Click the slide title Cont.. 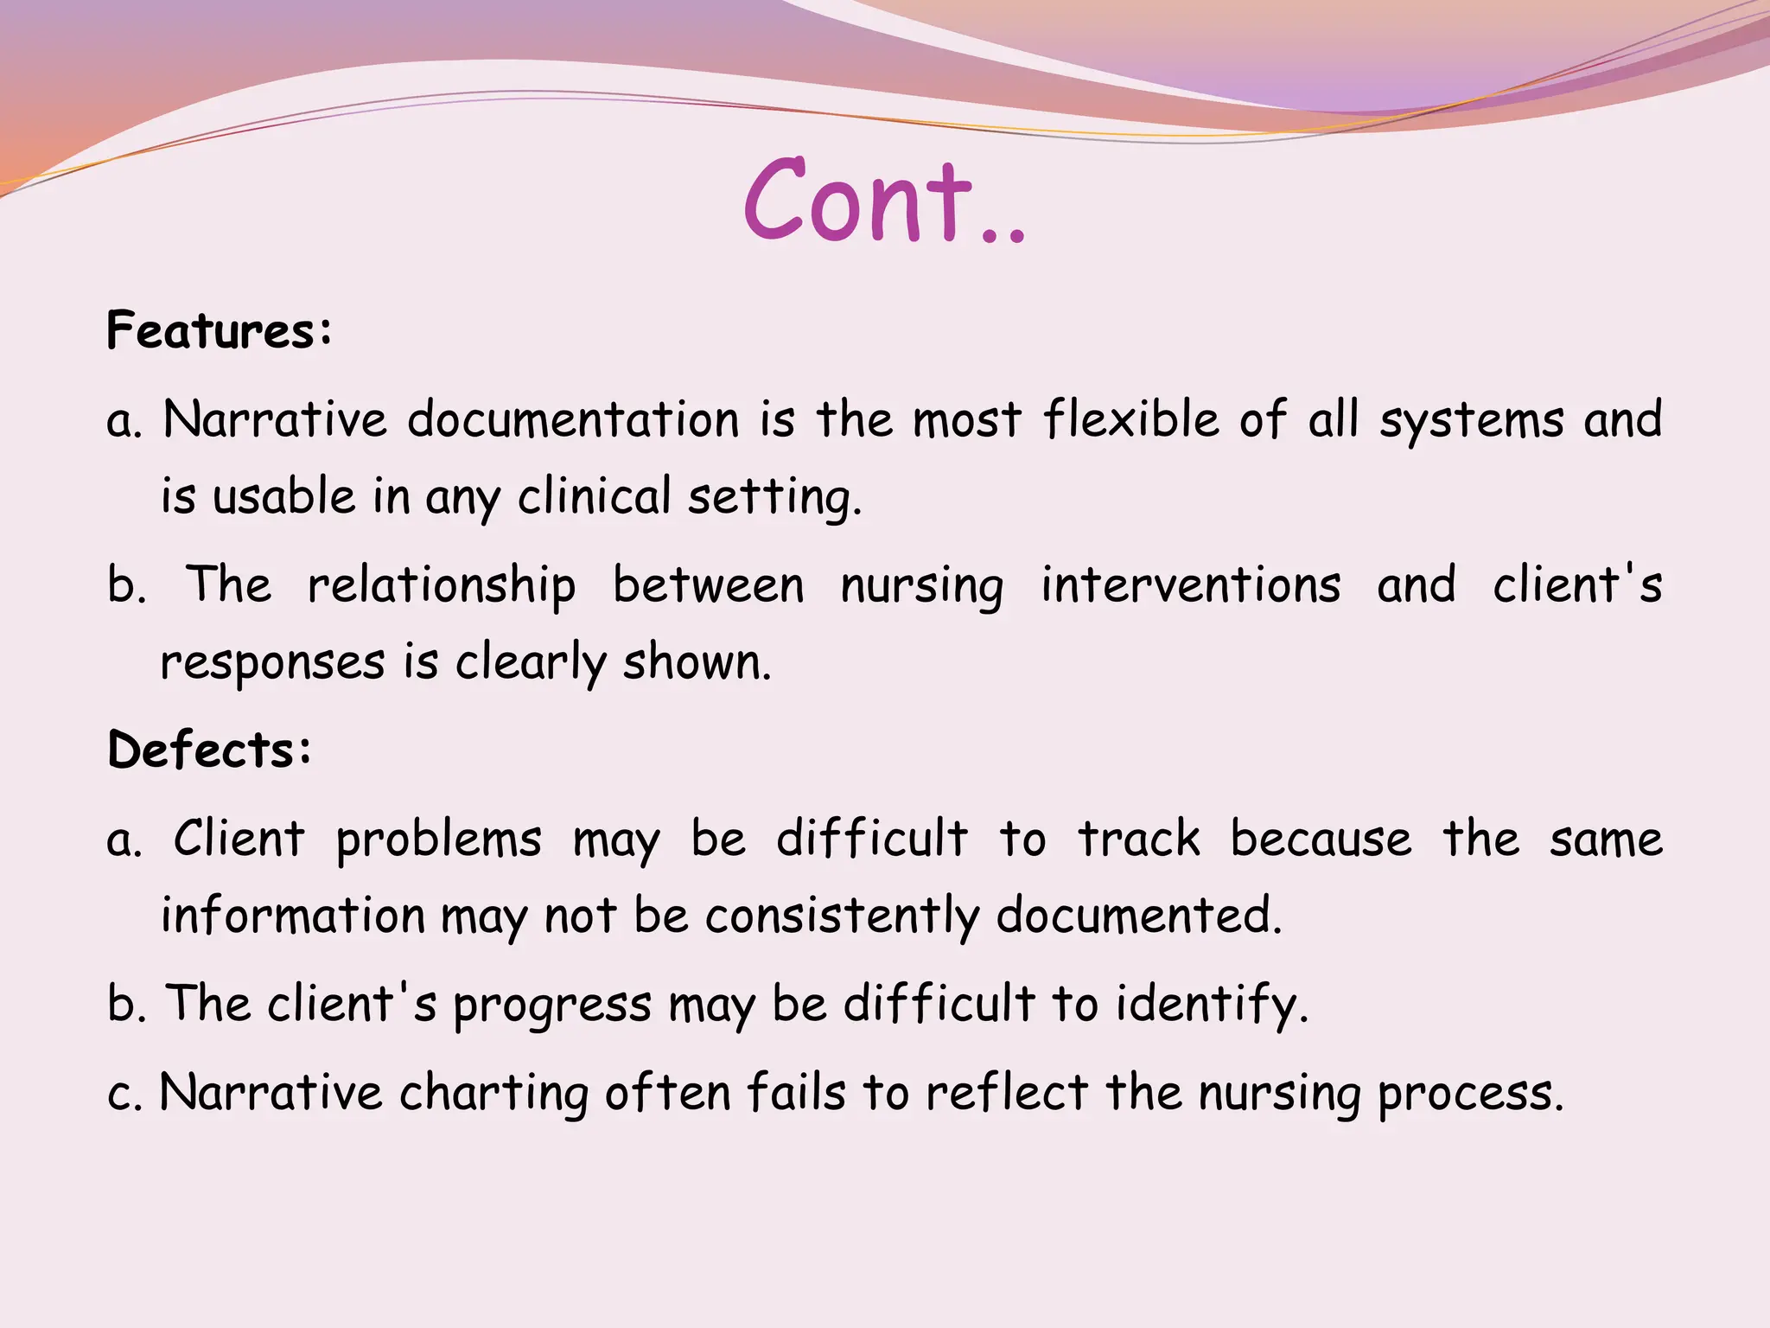click(883, 201)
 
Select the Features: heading click(219, 330)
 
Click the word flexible click(1132, 419)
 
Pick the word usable click(283, 497)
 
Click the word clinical click(594, 497)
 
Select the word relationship click(442, 585)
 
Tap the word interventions click(1190, 585)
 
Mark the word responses click(272, 664)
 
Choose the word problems click(438, 840)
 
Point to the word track click(1138, 839)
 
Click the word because click(1321, 839)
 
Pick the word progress click(551, 1006)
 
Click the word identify click(1212, 1005)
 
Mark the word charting click(493, 1093)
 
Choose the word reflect click(1006, 1092)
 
